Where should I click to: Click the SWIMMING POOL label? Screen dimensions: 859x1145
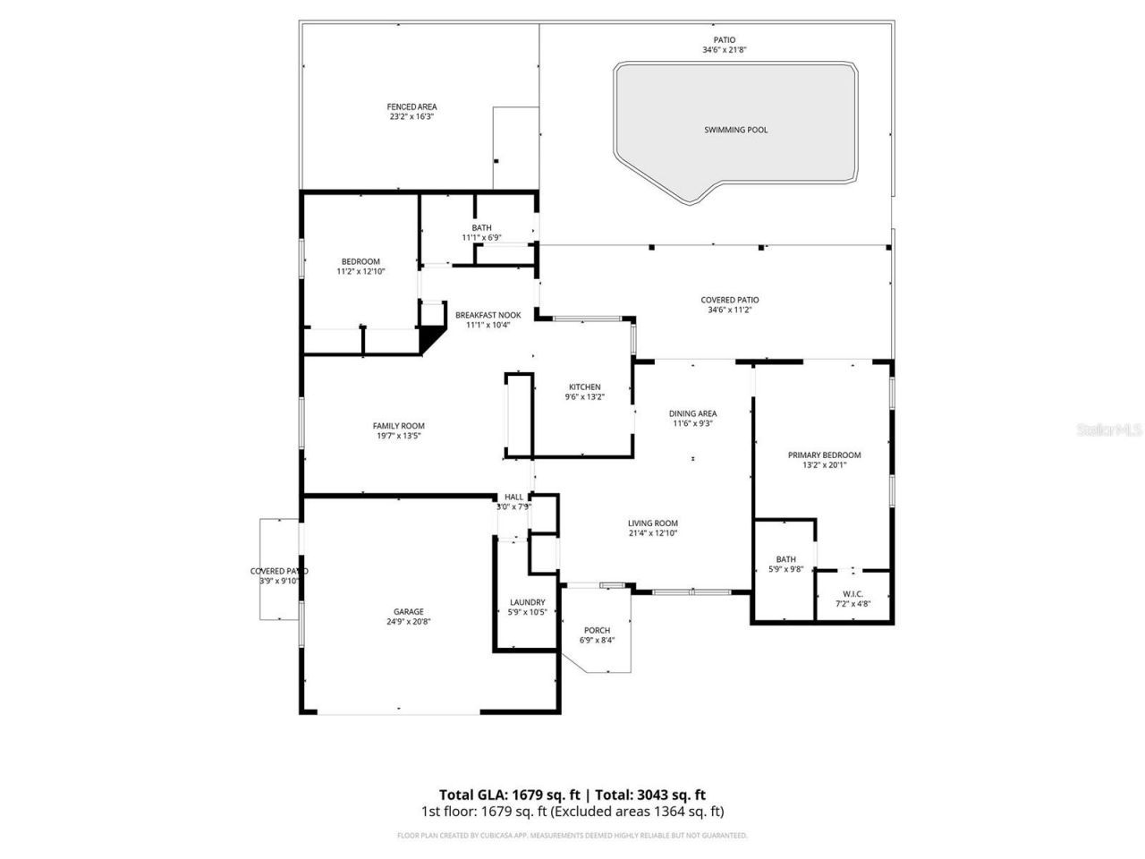point(735,130)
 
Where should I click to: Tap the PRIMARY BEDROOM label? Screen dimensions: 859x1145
point(824,455)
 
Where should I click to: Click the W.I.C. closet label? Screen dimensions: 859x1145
point(852,593)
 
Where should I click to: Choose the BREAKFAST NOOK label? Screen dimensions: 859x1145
point(488,315)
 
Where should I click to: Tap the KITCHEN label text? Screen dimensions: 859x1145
point(584,387)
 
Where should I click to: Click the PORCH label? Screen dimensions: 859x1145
point(597,630)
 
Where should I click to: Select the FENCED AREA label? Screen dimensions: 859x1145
point(411,106)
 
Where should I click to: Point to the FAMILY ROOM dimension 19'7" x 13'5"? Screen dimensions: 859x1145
point(399,436)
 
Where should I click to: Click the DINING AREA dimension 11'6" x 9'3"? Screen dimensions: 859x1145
point(692,424)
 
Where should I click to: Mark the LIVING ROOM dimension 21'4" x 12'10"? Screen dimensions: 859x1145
point(652,533)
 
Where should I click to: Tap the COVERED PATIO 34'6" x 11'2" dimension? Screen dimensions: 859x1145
point(729,310)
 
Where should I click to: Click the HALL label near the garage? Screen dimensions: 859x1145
point(514,497)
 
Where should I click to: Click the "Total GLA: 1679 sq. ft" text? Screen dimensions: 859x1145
point(509,794)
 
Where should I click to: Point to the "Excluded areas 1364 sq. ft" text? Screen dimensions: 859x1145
point(636,812)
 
